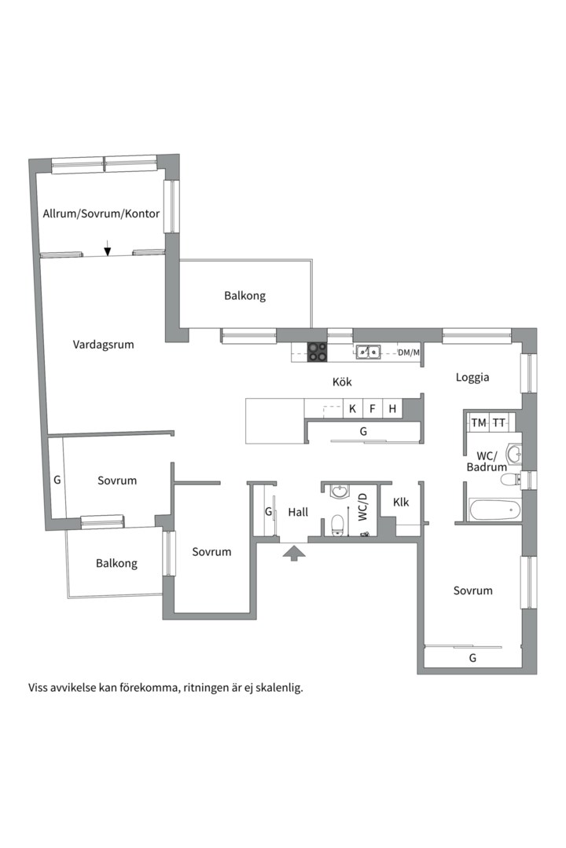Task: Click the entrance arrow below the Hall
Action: (x=294, y=554)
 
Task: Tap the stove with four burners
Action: (x=318, y=352)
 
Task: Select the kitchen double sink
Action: (x=368, y=352)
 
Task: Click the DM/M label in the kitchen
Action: (x=409, y=353)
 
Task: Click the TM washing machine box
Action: (x=479, y=422)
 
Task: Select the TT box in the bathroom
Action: (x=499, y=422)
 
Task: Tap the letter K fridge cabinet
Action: (x=353, y=408)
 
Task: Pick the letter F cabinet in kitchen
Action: (x=373, y=408)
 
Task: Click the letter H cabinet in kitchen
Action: (x=392, y=408)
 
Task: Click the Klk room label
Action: (x=401, y=503)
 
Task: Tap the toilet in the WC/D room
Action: (x=337, y=525)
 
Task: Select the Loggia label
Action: (x=472, y=378)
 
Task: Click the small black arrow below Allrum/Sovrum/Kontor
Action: (x=107, y=247)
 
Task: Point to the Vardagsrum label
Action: (x=104, y=345)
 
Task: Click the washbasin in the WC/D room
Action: (x=340, y=491)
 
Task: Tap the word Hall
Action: (x=298, y=512)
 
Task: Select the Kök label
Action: (x=342, y=382)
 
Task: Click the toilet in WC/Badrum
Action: (x=509, y=480)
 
